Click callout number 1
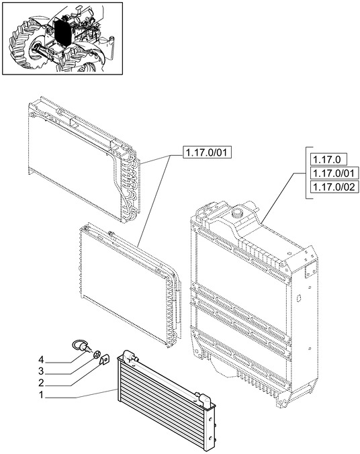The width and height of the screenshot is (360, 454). coord(41,395)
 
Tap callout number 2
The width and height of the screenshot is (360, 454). coord(41,383)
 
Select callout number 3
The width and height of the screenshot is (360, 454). coord(41,371)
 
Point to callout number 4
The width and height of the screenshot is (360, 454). coord(41,360)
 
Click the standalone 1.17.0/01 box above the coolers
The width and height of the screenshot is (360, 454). coord(207,152)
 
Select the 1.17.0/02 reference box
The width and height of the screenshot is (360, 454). coord(334,187)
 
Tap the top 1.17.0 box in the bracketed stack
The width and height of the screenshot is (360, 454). coord(328,160)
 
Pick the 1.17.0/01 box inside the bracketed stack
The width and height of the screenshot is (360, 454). coord(334,173)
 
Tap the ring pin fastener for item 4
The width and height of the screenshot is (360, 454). coord(81,346)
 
